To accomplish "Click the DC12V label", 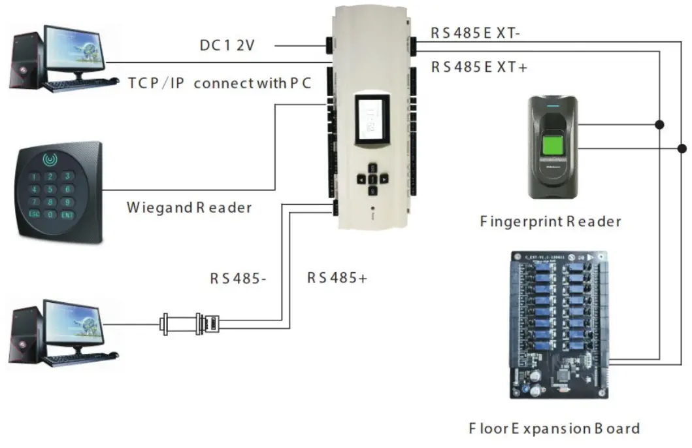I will pyautogui.click(x=227, y=46).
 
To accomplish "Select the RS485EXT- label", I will pyautogui.click(x=476, y=33).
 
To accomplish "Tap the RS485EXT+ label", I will pyautogui.click(x=479, y=67).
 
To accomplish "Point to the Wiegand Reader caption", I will pyautogui.click(x=189, y=208).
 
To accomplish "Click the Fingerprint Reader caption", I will pyautogui.click(x=550, y=222).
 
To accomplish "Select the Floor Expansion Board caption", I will pyautogui.click(x=554, y=429).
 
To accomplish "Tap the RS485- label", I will pyautogui.click(x=238, y=278).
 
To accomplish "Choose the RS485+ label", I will pyautogui.click(x=337, y=277).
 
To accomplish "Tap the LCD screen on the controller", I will pyautogui.click(x=371, y=120).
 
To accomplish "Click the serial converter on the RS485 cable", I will pyautogui.click(x=191, y=323).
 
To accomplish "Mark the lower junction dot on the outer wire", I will pyautogui.click(x=682, y=148).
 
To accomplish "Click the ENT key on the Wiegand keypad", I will pyautogui.click(x=67, y=214).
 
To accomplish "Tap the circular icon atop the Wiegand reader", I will pyautogui.click(x=50, y=158).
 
